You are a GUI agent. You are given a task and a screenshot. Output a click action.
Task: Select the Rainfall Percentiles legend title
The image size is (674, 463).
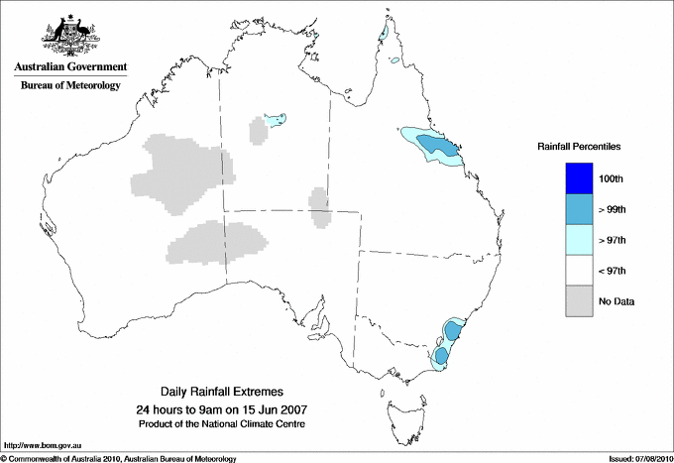coord(580,146)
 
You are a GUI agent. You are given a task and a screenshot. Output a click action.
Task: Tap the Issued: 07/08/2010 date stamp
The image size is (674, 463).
coord(638,458)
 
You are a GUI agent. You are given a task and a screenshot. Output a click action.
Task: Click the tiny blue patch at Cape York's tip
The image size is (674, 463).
coord(382,32)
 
